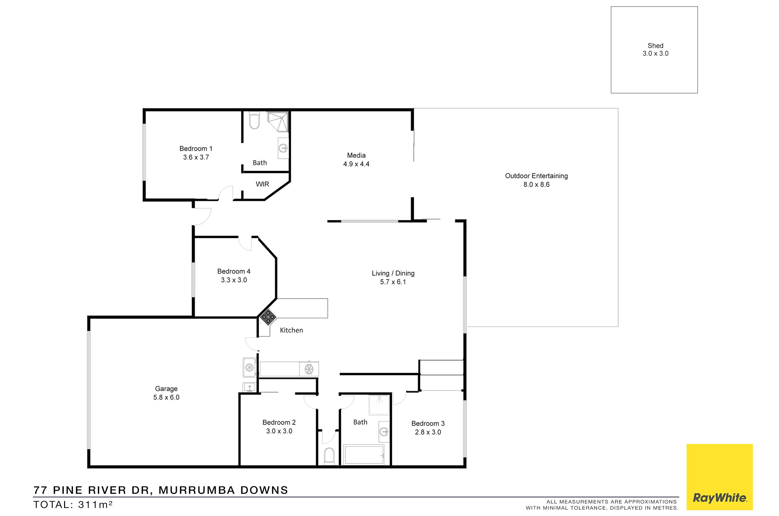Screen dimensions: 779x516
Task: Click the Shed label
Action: (x=655, y=46)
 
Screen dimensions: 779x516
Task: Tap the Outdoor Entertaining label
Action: (x=536, y=176)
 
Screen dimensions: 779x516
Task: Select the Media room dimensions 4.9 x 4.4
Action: (x=356, y=164)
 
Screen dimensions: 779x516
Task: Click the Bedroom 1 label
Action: (x=196, y=149)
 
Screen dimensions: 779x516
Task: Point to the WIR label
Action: (x=262, y=184)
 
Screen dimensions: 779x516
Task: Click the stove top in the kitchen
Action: (x=268, y=317)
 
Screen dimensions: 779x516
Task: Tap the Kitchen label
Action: (x=291, y=330)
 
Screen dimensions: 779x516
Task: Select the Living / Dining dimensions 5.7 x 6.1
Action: (x=393, y=282)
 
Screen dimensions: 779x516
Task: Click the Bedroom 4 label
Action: (x=233, y=272)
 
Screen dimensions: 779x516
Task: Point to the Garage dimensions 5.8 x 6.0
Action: (x=166, y=397)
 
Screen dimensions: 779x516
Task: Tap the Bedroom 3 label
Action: (x=428, y=424)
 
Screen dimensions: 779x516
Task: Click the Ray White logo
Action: (x=719, y=477)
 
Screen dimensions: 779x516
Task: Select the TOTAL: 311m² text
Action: (x=73, y=504)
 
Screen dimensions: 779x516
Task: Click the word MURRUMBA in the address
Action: (x=197, y=490)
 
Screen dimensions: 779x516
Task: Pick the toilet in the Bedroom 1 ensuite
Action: (x=254, y=120)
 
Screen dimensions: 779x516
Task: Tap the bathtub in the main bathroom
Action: (x=364, y=455)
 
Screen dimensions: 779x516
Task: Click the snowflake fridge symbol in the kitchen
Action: (x=309, y=369)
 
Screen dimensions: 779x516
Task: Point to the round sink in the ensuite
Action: (x=283, y=148)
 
